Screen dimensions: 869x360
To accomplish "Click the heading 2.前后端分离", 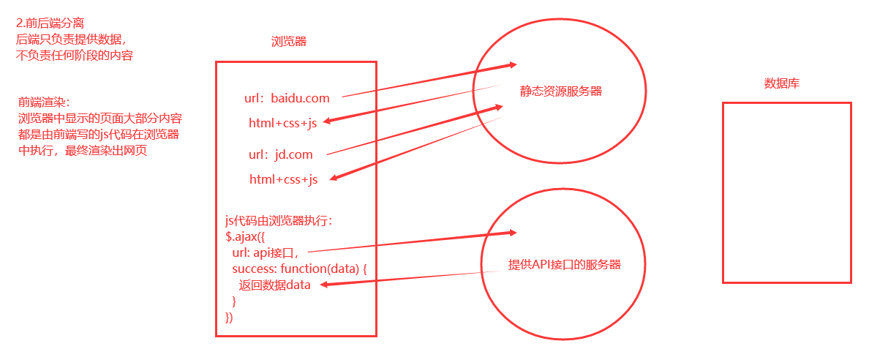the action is click(x=50, y=23).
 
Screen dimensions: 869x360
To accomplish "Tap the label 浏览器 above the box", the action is click(x=289, y=42).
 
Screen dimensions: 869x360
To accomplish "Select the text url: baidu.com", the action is click(x=287, y=97).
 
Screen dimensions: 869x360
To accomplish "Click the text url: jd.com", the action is click(x=281, y=154).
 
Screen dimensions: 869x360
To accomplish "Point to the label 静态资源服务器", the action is click(x=561, y=91).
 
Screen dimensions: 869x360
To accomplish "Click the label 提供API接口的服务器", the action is click(x=565, y=265).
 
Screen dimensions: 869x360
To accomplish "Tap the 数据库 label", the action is click(x=782, y=83).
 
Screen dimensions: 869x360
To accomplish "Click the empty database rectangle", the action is click(x=787, y=192).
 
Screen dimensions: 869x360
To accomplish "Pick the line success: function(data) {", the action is click(x=299, y=269).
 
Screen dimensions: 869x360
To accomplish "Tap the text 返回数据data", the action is click(x=275, y=285).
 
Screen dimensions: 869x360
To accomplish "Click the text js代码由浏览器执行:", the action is click(x=279, y=220).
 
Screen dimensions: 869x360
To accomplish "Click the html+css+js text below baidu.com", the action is click(x=282, y=124).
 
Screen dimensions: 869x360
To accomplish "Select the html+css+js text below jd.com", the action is click(x=284, y=179).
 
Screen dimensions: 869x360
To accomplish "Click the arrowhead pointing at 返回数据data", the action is click(x=324, y=285).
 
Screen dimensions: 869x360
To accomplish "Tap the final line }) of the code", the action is click(x=230, y=317).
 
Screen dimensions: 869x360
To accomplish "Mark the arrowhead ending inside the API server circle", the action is click(x=512, y=233).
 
